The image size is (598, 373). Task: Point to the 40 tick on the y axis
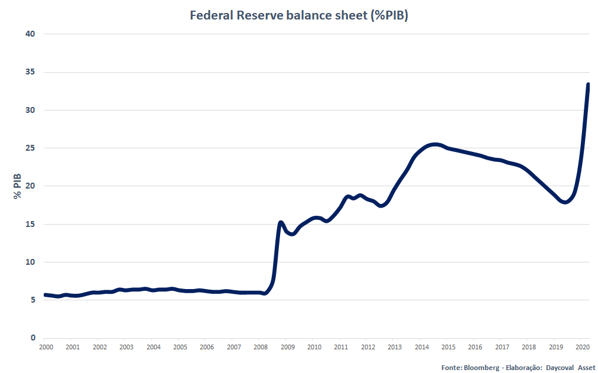tap(31, 34)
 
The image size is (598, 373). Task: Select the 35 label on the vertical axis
tap(31, 72)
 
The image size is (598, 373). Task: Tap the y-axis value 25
tap(31, 148)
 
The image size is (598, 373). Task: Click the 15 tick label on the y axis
tap(31, 224)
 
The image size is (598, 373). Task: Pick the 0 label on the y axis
tap(33, 338)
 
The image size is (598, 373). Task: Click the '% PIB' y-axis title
tap(17, 186)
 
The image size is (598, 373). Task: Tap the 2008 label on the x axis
tap(260, 347)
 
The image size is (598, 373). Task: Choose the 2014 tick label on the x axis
tap(421, 347)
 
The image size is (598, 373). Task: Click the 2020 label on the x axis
tap(582, 347)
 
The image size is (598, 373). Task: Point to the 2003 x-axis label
tap(126, 347)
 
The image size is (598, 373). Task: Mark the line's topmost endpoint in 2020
tap(589, 85)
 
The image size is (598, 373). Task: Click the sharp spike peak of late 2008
tap(281, 222)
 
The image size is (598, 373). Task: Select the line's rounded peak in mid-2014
tap(434, 144)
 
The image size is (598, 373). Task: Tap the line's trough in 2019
tap(565, 202)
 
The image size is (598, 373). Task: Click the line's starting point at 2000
tap(45, 294)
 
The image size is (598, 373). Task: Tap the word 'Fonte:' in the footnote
tap(452, 367)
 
